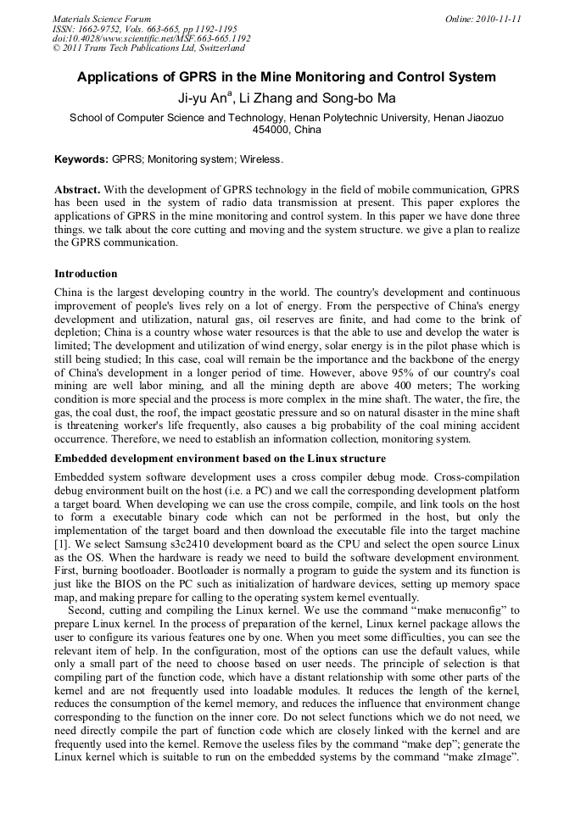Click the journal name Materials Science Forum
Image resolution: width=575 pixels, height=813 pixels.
pyautogui.click(x=102, y=19)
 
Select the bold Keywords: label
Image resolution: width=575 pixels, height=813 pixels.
pyautogui.click(x=81, y=159)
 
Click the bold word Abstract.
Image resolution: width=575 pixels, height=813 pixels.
pyautogui.click(x=77, y=188)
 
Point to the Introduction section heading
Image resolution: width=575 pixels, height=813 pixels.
pyautogui.click(x=86, y=274)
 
